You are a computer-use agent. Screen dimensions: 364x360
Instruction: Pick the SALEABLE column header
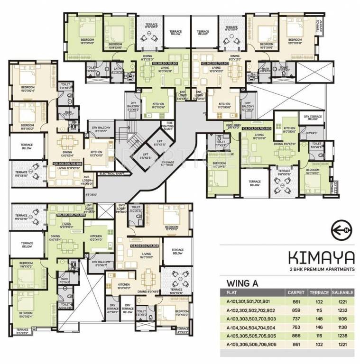(x=341, y=293)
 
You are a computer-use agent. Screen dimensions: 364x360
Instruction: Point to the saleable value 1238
(x=341, y=337)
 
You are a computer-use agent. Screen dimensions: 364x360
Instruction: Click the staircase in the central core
(x=129, y=138)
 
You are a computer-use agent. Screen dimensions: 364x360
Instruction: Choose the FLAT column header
(x=233, y=293)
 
